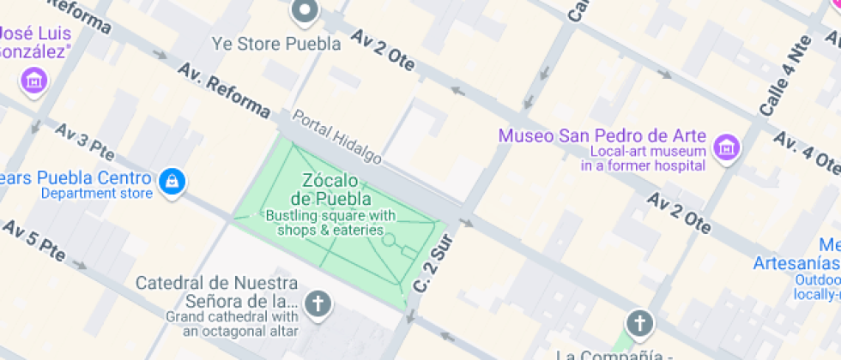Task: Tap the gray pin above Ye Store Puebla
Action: point(305,12)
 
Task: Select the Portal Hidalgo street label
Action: point(336,137)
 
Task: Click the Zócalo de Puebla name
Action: point(330,189)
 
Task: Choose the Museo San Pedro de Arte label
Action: point(602,135)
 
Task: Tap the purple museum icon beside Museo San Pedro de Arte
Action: point(726,147)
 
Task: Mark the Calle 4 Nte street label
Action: point(785,75)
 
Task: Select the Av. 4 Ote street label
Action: point(807,153)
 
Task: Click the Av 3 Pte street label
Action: point(84,141)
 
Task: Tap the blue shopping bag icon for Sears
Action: point(172,181)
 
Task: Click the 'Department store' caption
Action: point(97,194)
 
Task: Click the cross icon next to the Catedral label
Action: point(318,303)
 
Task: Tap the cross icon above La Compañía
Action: point(638,323)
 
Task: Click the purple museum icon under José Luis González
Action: point(34,81)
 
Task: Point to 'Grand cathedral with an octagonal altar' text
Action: point(232,324)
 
